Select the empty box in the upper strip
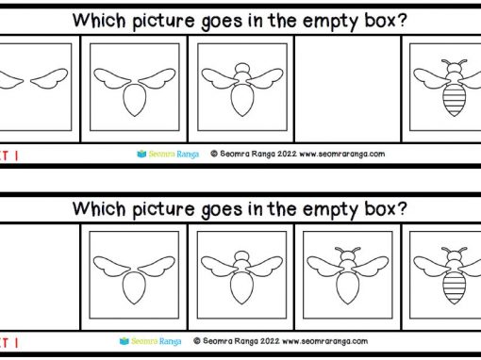pyautogui.click(x=348, y=89)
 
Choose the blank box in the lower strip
pyautogui.click(x=40, y=277)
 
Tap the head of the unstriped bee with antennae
pyautogui.click(x=348, y=254)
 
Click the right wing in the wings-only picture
pyautogui.click(x=49, y=78)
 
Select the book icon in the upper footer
pyautogui.click(x=141, y=154)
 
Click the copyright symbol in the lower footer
pyautogui.click(x=197, y=341)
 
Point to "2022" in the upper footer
pyautogui.click(x=287, y=154)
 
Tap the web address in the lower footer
pyautogui.click(x=324, y=341)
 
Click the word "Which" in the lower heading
pyautogui.click(x=99, y=208)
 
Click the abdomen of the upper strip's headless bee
pyautogui.click(x=135, y=100)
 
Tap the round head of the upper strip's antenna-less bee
pyautogui.click(x=242, y=68)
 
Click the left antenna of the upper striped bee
pyautogui.click(x=446, y=62)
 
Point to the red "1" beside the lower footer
pyautogui.click(x=16, y=343)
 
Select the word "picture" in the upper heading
pyautogui.click(x=163, y=22)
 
